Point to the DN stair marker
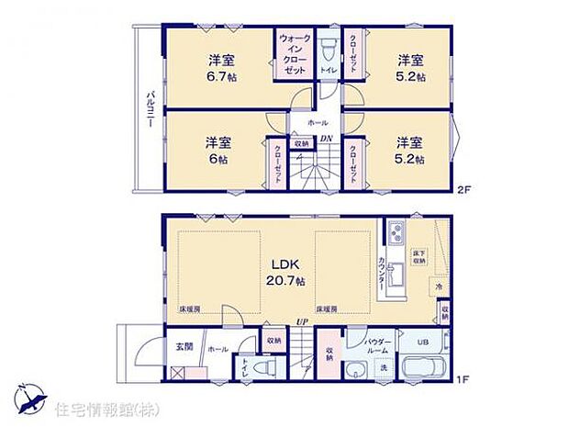[326, 139]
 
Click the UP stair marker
[299, 321]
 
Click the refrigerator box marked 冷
[440, 287]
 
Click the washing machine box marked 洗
[385, 368]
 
